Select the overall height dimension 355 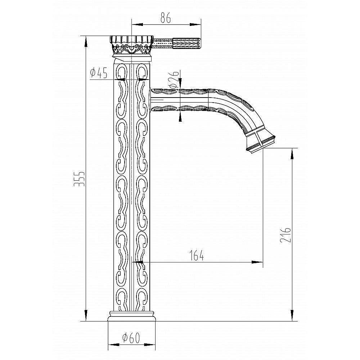[x=80, y=179]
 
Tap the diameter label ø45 [x=99, y=73]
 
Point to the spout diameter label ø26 [x=174, y=80]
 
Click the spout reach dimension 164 [x=197, y=255]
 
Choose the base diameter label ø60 [x=131, y=338]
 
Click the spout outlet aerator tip [x=261, y=144]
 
